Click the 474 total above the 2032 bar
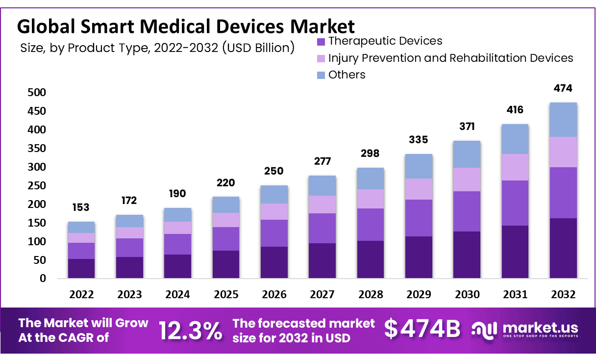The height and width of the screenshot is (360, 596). (x=563, y=89)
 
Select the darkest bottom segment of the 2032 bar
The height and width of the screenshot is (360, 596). (x=563, y=248)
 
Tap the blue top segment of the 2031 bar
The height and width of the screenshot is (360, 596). (x=515, y=139)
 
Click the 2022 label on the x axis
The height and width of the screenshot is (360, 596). (x=81, y=295)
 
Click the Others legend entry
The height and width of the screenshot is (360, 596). (x=347, y=75)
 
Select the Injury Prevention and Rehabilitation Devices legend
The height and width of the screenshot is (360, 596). (x=450, y=58)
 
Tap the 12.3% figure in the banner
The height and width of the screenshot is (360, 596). (x=190, y=331)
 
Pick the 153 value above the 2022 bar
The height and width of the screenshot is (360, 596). (x=81, y=207)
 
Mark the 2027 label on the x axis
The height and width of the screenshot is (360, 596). (x=322, y=295)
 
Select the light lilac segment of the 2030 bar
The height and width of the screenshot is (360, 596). (x=467, y=179)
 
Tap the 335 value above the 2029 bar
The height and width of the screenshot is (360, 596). (x=418, y=140)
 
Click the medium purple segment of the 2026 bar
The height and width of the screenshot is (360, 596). (x=274, y=233)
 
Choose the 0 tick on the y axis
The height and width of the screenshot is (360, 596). (x=43, y=279)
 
